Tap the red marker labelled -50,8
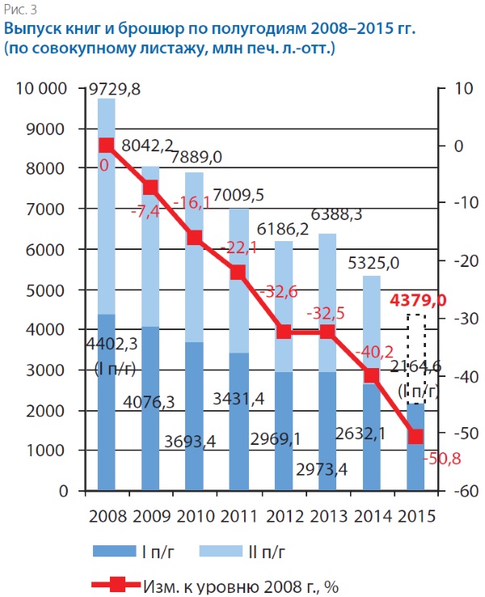[415, 436]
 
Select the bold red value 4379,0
[418, 302]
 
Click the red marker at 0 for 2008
[107, 146]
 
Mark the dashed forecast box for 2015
[415, 358]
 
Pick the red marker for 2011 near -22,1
[238, 273]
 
